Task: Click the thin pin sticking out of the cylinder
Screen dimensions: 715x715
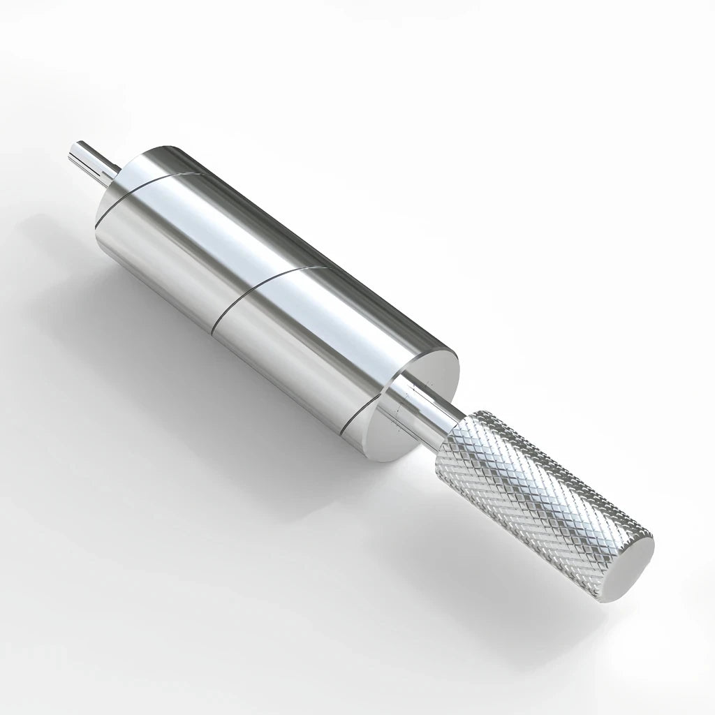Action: click(x=91, y=159)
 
